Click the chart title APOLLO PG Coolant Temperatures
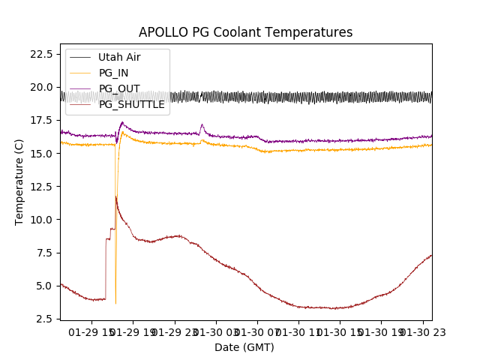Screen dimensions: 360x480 click(x=245, y=32)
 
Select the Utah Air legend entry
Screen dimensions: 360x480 click(x=118, y=57)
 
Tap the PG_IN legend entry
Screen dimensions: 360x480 click(x=113, y=73)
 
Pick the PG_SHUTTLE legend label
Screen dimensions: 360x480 click(x=131, y=104)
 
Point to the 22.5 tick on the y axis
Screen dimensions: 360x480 click(x=40, y=54)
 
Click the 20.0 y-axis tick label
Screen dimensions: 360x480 click(x=40, y=87)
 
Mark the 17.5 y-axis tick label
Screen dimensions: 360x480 click(x=40, y=120)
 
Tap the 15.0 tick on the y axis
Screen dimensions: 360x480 click(x=40, y=153)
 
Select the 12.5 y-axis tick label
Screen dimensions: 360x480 click(x=40, y=186)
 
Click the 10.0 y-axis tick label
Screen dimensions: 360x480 click(x=40, y=219)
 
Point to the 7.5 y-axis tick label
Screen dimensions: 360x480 click(x=43, y=252)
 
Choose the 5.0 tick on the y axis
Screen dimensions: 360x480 click(x=43, y=285)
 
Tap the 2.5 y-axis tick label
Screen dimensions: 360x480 click(x=43, y=318)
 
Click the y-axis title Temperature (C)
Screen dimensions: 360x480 click(x=19, y=181)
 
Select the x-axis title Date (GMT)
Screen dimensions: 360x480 click(x=244, y=347)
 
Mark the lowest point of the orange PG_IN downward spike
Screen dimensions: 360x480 click(x=115, y=303)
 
